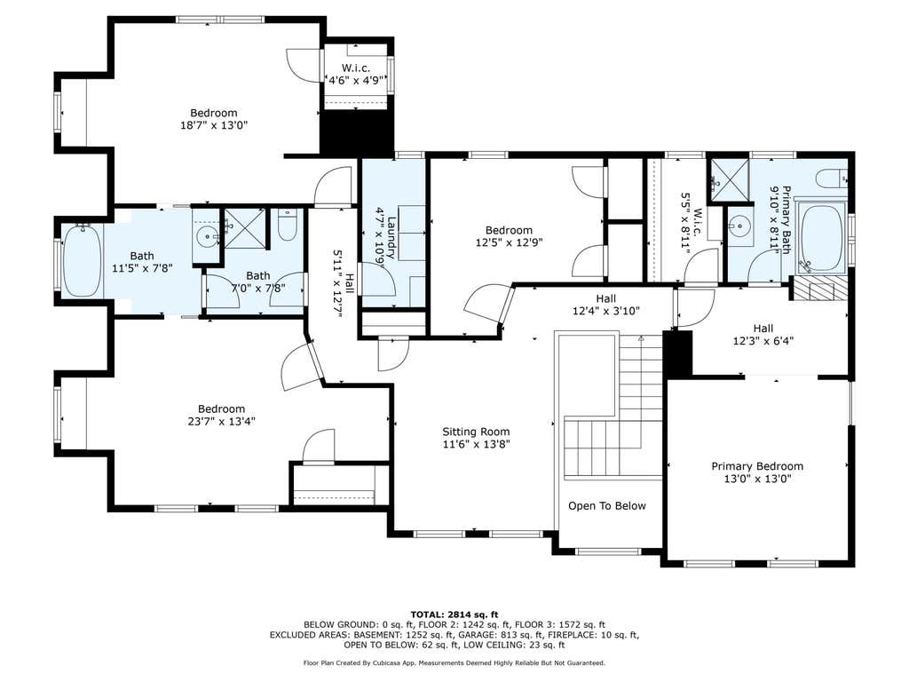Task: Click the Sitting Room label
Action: pos(476,432)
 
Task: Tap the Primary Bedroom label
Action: pos(757,466)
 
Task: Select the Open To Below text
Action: pos(607,505)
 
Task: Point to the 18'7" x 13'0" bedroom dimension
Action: pos(214,125)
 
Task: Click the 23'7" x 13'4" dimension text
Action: pos(221,421)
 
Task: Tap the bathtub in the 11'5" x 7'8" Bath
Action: pos(82,261)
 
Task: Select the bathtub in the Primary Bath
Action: pos(821,238)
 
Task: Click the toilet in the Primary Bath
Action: pos(831,178)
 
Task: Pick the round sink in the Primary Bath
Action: pos(739,223)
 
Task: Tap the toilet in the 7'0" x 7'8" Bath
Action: pos(288,225)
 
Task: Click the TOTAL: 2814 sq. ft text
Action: pos(454,615)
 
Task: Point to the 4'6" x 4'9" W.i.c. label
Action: pos(356,75)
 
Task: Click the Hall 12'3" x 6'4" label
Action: pos(763,335)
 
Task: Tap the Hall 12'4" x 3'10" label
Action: pos(605,305)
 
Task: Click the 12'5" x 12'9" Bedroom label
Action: pos(509,236)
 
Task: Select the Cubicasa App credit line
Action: pos(454,662)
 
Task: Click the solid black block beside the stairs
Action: pos(677,353)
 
